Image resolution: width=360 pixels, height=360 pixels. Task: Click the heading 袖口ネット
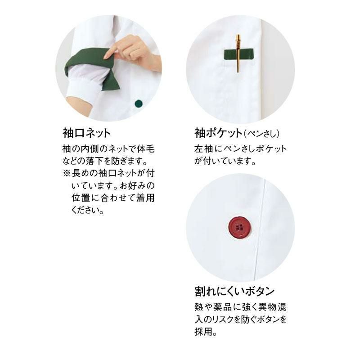click(87, 134)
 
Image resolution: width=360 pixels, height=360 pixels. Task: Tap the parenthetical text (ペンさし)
click(262, 134)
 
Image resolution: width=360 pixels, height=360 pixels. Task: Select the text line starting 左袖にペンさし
click(240, 149)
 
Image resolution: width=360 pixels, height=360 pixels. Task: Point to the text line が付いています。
click(225, 161)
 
